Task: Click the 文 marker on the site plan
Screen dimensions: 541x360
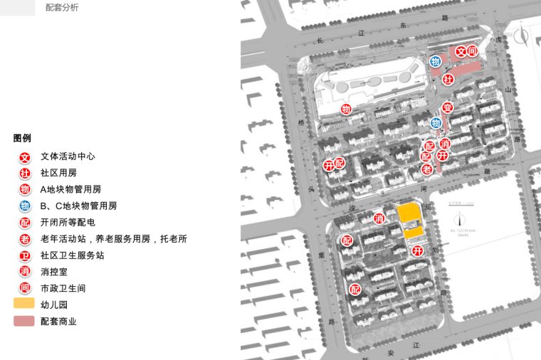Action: click(x=461, y=51)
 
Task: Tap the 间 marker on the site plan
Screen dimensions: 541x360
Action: click(x=472, y=51)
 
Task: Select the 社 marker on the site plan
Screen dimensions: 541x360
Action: click(x=448, y=79)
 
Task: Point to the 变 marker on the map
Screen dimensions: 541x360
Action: click(x=447, y=107)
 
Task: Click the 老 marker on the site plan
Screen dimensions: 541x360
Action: click(x=427, y=169)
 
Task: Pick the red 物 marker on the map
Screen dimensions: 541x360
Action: click(x=346, y=109)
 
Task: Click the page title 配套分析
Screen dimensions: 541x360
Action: click(x=62, y=7)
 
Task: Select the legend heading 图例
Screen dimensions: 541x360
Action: click(x=22, y=138)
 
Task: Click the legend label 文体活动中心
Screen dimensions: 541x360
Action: click(x=68, y=157)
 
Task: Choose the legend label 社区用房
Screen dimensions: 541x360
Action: click(x=58, y=173)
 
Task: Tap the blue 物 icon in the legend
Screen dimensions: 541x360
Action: click(x=25, y=206)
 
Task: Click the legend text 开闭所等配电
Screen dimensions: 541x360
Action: click(x=68, y=223)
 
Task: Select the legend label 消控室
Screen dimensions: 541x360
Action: click(x=54, y=272)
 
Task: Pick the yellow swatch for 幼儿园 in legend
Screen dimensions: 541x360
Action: click(x=23, y=303)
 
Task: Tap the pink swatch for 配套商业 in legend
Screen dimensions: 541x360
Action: click(x=23, y=321)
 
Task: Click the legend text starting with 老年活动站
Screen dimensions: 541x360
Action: click(x=113, y=239)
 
